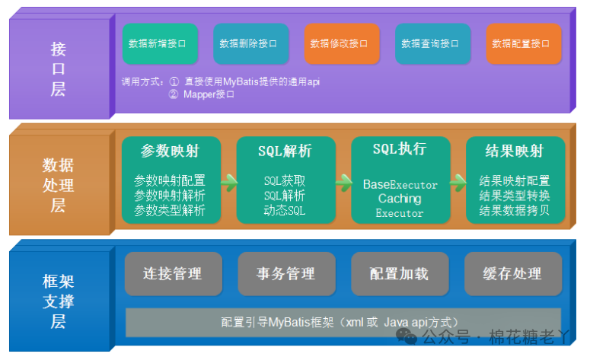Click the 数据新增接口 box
[x=159, y=43]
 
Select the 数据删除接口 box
[x=250, y=43]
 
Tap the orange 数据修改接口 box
[x=341, y=43]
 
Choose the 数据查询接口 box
[x=432, y=43]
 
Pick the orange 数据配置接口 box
[x=523, y=43]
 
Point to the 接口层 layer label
[x=59, y=68]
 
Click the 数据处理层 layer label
[x=59, y=185]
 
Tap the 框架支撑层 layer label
[x=59, y=300]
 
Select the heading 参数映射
[x=171, y=151]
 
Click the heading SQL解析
[x=285, y=151]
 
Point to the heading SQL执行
[x=400, y=149]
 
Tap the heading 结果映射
[x=515, y=151]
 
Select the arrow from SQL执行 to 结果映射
[x=458, y=182]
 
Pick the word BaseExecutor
[x=400, y=184]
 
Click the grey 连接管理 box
[x=173, y=274]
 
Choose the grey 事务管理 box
[x=286, y=274]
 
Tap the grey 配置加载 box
[x=400, y=274]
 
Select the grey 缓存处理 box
[x=513, y=274]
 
